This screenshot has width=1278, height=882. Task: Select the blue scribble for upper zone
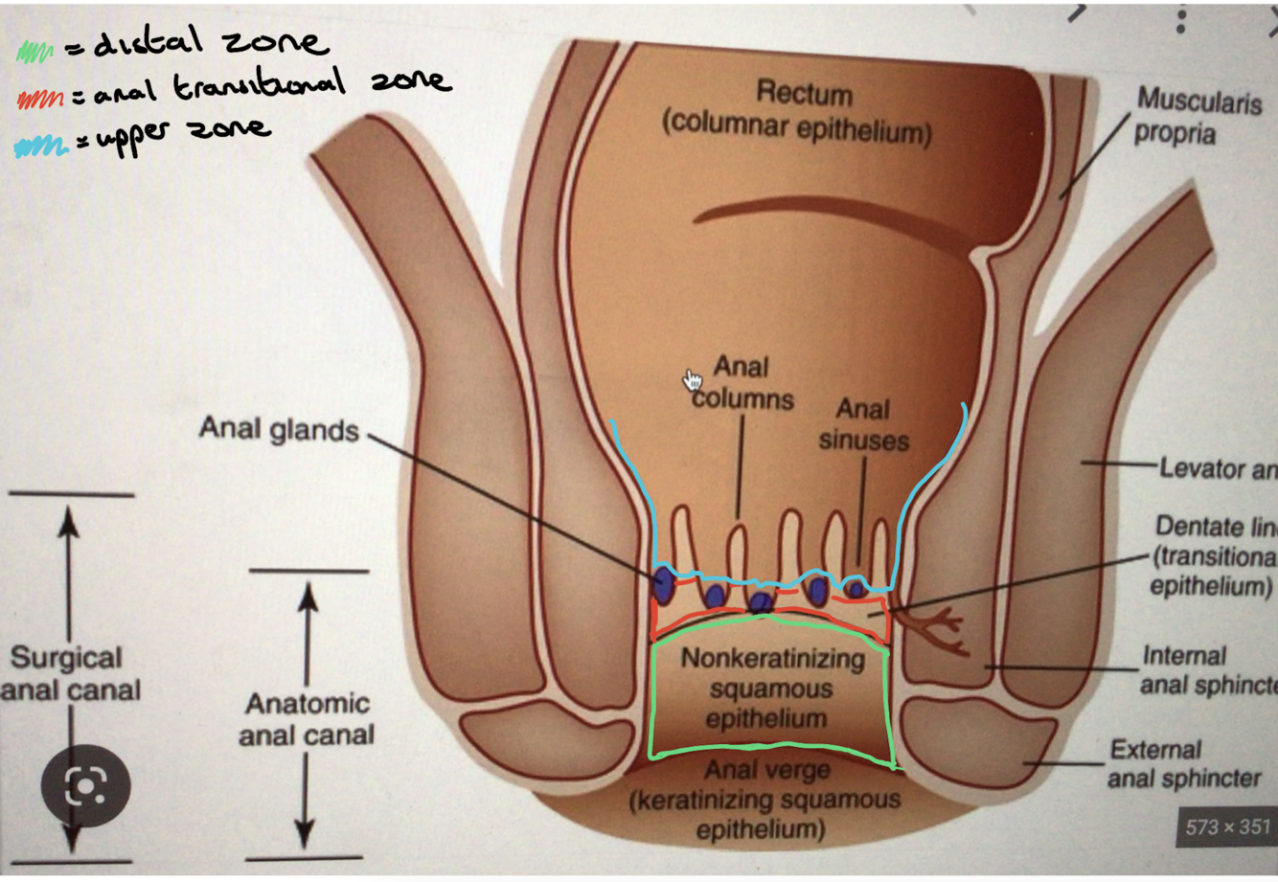point(41,147)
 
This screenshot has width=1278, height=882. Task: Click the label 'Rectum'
point(804,93)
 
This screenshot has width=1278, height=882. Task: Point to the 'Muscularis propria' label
point(1198,116)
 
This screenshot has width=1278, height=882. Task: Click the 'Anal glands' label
point(278,429)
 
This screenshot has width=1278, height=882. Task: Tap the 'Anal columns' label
point(742,382)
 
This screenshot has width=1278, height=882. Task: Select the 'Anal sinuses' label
point(863,424)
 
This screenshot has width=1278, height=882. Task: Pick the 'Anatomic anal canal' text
point(307,718)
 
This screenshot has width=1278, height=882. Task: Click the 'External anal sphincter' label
point(1184,763)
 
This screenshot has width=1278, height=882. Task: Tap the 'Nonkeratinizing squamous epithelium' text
point(770,688)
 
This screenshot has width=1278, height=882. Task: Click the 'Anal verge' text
point(767,770)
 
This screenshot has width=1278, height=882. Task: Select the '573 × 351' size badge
point(1227,826)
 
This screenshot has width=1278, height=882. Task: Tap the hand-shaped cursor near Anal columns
point(692,381)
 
